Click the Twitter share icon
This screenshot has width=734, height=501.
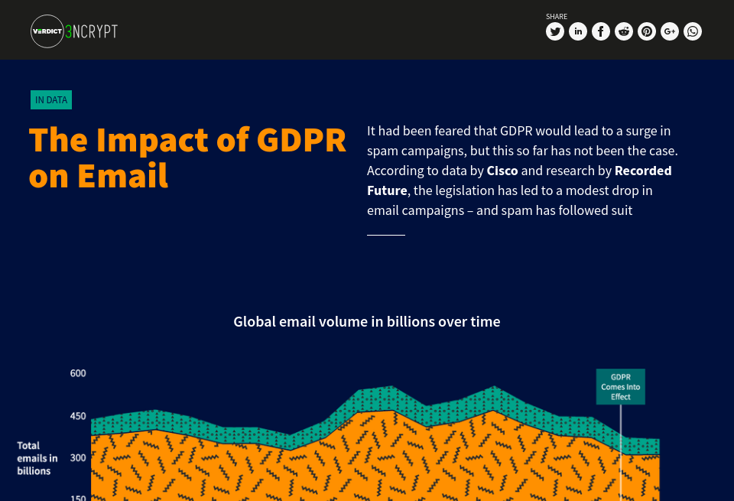555,31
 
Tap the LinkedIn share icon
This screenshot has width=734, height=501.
578,31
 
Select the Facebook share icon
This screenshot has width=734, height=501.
601,31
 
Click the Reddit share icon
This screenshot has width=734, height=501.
624,31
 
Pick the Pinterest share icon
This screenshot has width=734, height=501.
647,31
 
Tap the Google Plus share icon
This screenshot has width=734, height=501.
670,31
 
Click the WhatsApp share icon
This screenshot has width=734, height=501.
693,31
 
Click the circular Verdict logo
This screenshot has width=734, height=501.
47,31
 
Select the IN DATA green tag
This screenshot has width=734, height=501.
51,99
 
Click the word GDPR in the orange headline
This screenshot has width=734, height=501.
301,140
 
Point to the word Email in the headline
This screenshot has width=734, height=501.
122,176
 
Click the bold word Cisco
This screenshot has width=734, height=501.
502,170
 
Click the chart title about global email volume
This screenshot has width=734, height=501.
367,321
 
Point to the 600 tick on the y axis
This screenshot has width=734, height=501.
78,373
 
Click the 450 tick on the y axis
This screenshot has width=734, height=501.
78,416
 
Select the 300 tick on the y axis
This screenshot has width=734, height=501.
78,457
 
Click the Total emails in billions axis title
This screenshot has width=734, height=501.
37,457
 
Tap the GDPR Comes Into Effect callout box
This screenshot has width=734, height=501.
621,387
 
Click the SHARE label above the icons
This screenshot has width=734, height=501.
557,16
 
